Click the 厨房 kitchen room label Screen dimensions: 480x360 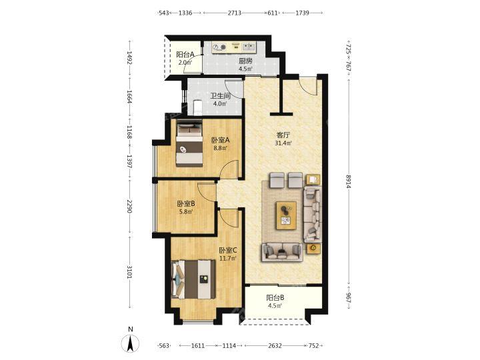tap(246, 61)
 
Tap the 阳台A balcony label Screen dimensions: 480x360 tap(185, 55)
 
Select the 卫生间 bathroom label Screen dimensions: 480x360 tap(220, 96)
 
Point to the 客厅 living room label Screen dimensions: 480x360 tap(283, 135)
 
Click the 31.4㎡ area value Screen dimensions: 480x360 tap(283, 143)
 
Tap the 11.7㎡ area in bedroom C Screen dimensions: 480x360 tap(228, 258)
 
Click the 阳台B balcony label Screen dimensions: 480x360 tap(275, 297)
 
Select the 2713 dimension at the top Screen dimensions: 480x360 tap(234, 13)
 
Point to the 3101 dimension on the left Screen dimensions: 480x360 tap(129, 272)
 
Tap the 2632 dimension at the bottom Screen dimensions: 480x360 tap(275, 345)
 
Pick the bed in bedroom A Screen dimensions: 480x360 tap(189, 143)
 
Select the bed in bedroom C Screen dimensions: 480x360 tap(193, 279)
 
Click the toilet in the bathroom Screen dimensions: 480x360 tap(197, 107)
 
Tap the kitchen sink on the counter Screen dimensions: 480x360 tap(248, 47)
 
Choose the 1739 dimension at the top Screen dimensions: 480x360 tap(302, 13)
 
